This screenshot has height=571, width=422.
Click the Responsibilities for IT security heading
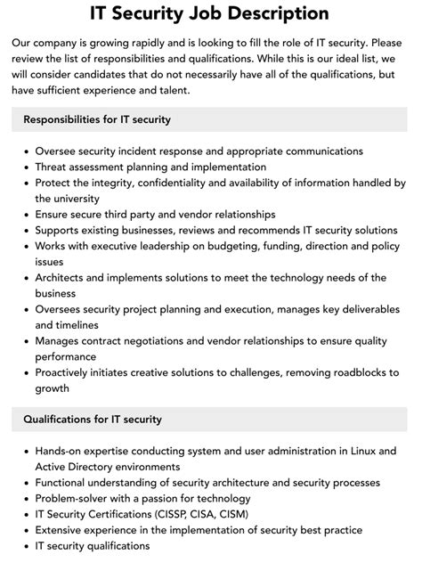point(97,119)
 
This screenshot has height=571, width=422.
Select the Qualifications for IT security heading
point(93,419)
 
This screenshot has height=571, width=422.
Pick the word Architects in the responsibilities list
point(63,278)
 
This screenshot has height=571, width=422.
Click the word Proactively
point(69,373)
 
